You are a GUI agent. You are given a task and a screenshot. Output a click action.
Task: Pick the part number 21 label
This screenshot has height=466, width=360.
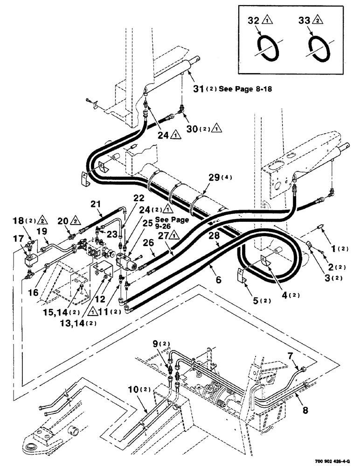tap(96, 204)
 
